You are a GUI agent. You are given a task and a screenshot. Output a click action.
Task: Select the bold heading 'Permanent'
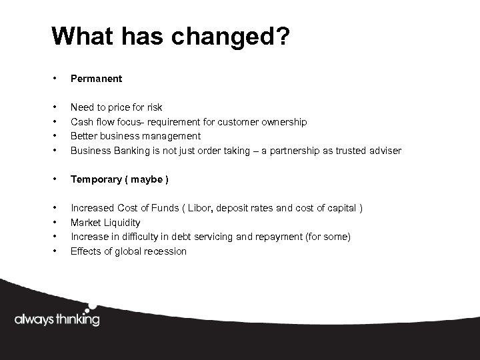(96, 79)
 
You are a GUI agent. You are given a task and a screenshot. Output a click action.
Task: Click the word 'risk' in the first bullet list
(153, 107)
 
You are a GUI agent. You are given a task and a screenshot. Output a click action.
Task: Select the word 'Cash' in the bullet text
(81, 122)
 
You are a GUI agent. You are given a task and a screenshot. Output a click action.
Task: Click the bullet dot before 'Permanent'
(55, 79)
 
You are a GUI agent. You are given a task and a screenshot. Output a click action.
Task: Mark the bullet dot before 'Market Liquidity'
(55, 223)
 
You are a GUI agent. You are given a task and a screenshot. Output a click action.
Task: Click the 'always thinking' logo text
(57, 319)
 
